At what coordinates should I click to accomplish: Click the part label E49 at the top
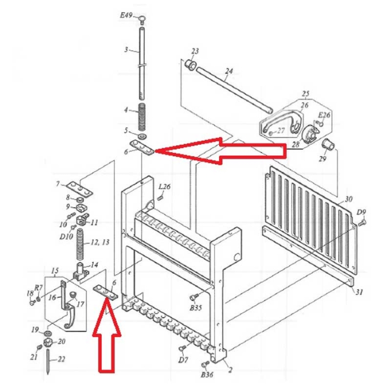(126, 16)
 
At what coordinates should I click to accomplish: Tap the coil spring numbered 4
(142, 117)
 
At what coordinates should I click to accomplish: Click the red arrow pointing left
(220, 151)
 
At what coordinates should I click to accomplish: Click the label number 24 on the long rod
(228, 71)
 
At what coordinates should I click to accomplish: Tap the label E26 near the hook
(324, 115)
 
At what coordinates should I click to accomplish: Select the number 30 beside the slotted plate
(349, 199)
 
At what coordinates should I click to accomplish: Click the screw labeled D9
(362, 222)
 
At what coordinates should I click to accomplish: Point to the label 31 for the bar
(359, 292)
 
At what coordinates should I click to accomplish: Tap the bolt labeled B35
(194, 297)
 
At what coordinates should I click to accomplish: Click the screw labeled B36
(206, 365)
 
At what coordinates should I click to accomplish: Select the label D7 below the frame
(183, 360)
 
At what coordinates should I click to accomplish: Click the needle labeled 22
(48, 361)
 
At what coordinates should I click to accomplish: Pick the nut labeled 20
(47, 342)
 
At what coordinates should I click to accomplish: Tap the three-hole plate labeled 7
(80, 189)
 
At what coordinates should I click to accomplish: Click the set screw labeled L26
(160, 198)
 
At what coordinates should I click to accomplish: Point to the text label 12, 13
(99, 242)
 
